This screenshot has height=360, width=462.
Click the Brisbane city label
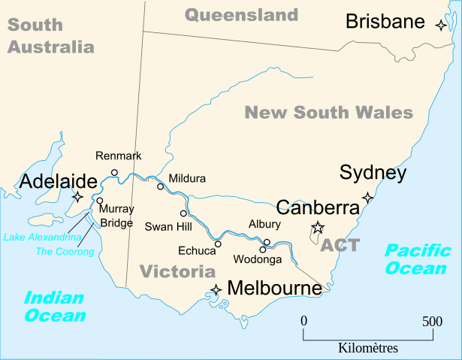385,22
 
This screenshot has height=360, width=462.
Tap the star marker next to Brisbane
441,25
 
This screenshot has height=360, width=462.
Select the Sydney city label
373,173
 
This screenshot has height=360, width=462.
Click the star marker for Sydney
367,198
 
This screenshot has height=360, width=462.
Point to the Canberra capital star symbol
318,228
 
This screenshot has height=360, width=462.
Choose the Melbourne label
274,288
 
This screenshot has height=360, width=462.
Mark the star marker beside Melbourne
216,289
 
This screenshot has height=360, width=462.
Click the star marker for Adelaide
77,198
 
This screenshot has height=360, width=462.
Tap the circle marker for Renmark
114,172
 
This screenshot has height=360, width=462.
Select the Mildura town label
187,180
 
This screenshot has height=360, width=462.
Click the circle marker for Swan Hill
183,213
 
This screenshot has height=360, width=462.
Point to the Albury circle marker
267,242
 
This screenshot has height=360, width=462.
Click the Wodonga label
258,260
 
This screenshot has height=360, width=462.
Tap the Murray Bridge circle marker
100,201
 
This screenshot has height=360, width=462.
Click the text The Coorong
65,251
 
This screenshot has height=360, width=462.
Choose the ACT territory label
340,245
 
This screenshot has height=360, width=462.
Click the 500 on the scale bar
432,322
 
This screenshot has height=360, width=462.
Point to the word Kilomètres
368,348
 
